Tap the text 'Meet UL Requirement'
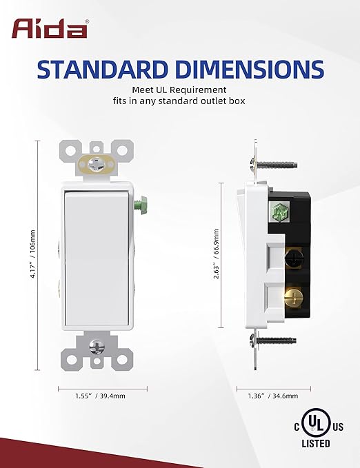pyautogui.click(x=179, y=90)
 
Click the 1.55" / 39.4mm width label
pyautogui.click(x=100, y=396)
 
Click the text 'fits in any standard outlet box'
pyautogui.click(x=179, y=102)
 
